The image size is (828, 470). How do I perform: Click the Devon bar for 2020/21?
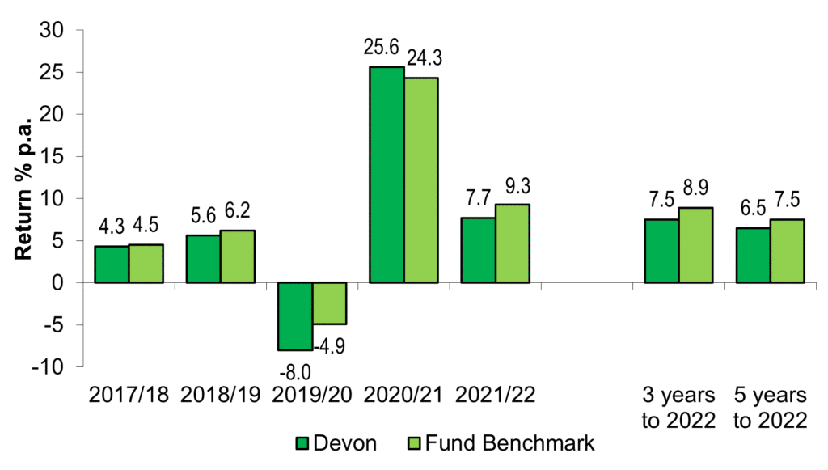pos(387,175)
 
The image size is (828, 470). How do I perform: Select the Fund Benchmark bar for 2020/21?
pos(421,180)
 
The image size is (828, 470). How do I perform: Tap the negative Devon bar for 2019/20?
pos(295,316)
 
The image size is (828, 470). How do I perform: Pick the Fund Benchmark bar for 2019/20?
pos(330,303)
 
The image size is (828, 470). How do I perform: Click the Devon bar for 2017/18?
pos(112,265)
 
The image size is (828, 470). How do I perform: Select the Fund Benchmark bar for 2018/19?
pos(238,256)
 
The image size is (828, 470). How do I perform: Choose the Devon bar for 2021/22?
pos(478,250)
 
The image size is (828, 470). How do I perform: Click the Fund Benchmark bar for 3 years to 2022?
pos(695,245)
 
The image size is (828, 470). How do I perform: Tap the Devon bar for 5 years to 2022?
pos(753,255)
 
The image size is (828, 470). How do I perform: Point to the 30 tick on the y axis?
pos(57,30)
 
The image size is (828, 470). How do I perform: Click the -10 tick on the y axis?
pos(53,367)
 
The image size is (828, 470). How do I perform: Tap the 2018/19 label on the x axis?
pos(221,396)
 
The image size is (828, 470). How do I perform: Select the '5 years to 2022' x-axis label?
pos(771,408)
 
